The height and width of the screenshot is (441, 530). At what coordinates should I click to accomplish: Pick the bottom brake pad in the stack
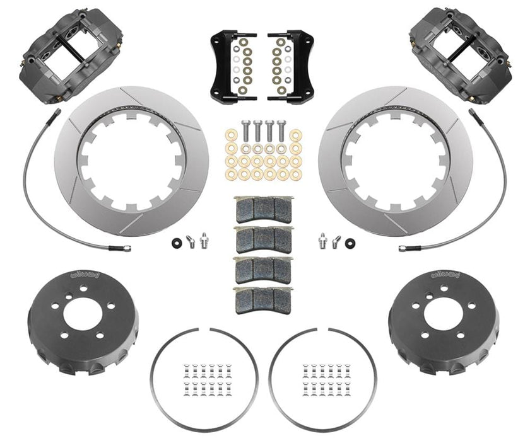click(264, 297)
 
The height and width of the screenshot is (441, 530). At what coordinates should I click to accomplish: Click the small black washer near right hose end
click(350, 240)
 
